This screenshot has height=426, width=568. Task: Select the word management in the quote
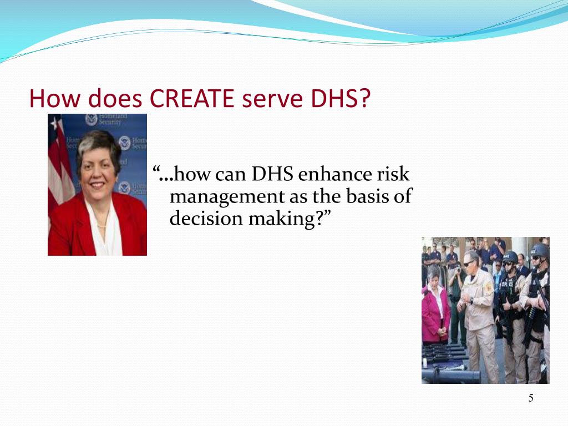coord(219,197)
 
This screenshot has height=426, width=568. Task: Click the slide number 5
coord(531,398)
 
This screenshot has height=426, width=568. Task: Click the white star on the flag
coord(54,123)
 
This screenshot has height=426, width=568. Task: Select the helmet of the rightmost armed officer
coord(539,252)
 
